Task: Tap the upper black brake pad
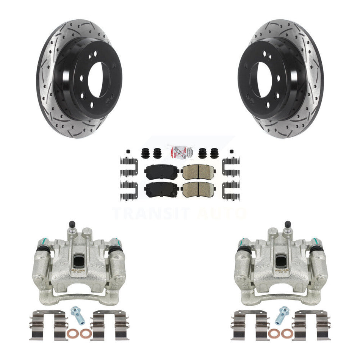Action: [161, 172]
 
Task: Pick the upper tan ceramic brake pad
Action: [199, 172]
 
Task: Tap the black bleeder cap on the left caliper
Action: [71, 225]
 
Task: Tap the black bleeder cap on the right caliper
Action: [288, 224]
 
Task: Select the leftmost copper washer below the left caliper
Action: [72, 334]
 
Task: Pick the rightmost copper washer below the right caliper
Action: [287, 334]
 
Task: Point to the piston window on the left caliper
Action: [79, 261]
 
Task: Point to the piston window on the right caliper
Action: [281, 261]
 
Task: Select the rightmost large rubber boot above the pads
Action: [214, 153]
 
